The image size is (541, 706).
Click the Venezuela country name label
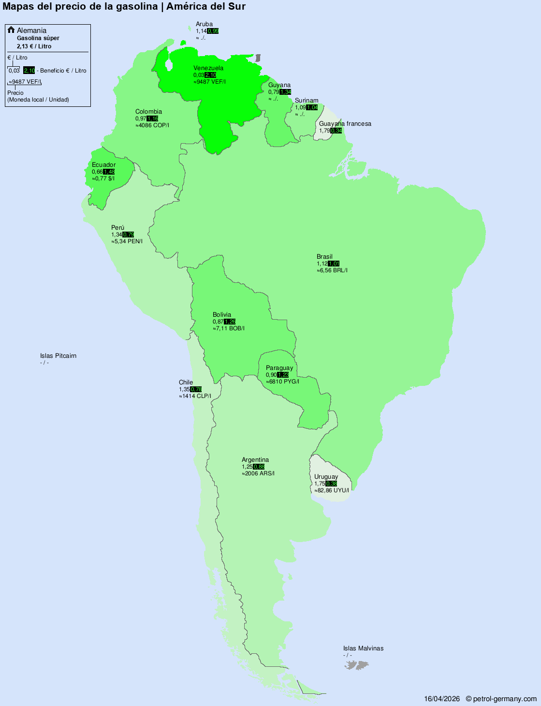pyautogui.click(x=208, y=68)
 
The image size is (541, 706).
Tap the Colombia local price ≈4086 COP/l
pyautogui.click(x=152, y=125)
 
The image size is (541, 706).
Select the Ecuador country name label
pyautogui.click(x=103, y=165)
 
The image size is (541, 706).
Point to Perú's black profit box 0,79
pyautogui.click(x=128, y=235)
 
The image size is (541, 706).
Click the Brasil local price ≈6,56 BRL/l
pyautogui.click(x=332, y=270)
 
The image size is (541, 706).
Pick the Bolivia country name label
pyautogui.click(x=222, y=315)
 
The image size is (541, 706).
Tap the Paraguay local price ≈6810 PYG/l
pyautogui.click(x=282, y=382)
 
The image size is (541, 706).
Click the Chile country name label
pyautogui.click(x=186, y=382)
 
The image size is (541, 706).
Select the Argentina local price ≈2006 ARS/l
pyautogui.click(x=258, y=473)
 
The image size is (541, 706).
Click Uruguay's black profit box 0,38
pyautogui.click(x=331, y=484)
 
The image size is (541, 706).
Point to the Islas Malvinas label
pyautogui.click(x=363, y=648)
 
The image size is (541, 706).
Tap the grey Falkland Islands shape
pyautogui.click(x=357, y=666)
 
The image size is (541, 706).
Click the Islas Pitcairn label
pyautogui.click(x=58, y=356)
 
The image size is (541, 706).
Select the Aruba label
pyautogui.click(x=204, y=24)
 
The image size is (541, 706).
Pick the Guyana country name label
pyautogui.click(x=279, y=85)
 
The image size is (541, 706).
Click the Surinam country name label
pyautogui.click(x=307, y=101)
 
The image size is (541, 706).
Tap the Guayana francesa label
pyautogui.click(x=345, y=124)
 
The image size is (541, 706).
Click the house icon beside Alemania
pyautogui.click(x=11, y=30)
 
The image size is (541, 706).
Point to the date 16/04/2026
pyautogui.click(x=442, y=699)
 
